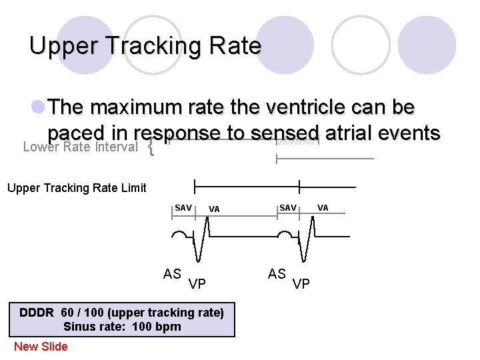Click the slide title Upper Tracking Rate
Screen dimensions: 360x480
point(145,46)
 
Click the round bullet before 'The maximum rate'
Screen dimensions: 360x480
point(37,107)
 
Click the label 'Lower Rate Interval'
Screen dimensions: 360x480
point(80,147)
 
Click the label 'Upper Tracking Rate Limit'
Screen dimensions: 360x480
point(77,188)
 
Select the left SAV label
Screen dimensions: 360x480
point(183,208)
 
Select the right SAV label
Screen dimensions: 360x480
point(288,208)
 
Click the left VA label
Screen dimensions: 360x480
point(214,209)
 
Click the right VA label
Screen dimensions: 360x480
point(323,208)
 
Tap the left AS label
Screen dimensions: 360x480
point(173,274)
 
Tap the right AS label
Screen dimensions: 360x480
point(277,274)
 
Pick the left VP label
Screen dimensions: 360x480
point(197,285)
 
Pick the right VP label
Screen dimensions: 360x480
point(301,285)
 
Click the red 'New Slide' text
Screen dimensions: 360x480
point(41,346)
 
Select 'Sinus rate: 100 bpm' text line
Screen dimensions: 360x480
point(122,327)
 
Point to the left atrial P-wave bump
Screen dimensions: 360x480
point(180,235)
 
